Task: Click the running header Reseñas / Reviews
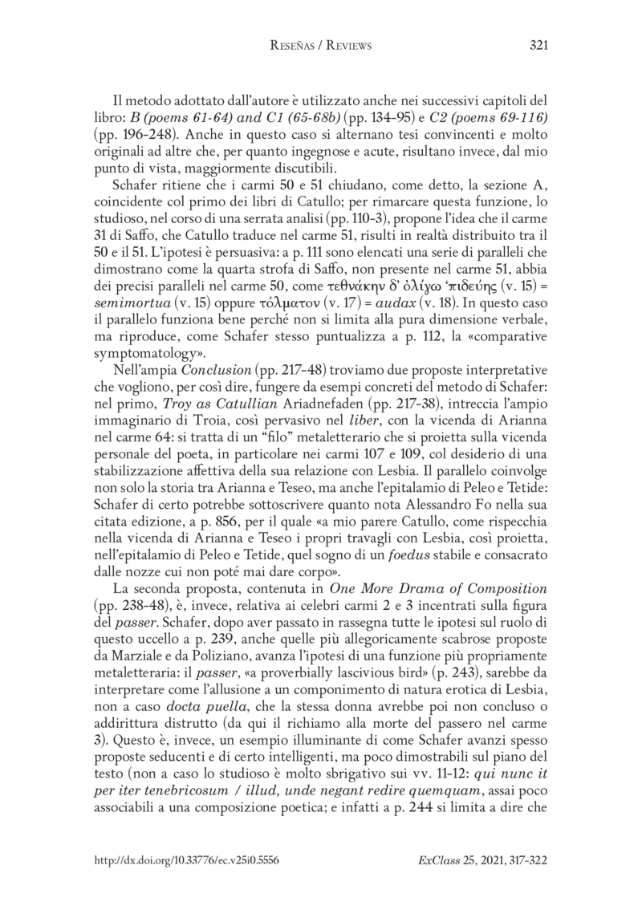(320, 46)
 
